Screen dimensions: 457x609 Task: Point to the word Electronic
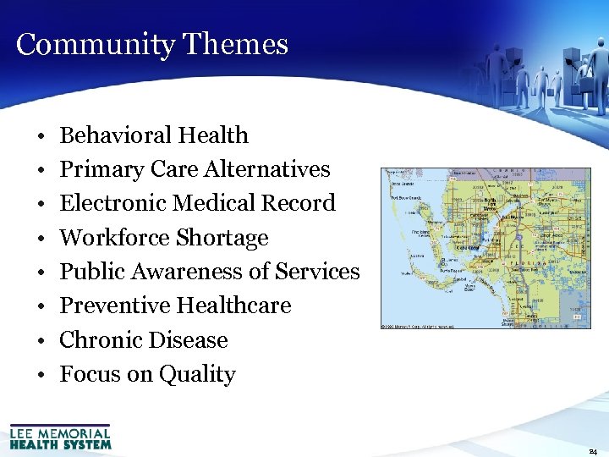point(112,203)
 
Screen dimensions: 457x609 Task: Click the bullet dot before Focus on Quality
point(41,375)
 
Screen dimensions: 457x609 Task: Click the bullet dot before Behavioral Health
point(41,136)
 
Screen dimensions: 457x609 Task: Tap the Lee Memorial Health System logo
point(60,436)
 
